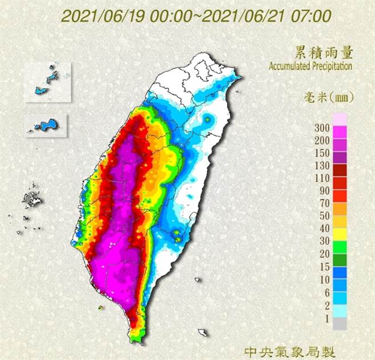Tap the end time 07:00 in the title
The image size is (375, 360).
pos(297,16)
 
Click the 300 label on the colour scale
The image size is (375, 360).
pos(321,128)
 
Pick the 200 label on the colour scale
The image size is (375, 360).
pos(321,140)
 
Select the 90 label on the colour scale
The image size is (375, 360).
pos(323,191)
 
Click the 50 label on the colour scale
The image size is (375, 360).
pos(323,216)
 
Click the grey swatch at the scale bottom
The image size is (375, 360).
pos(340,323)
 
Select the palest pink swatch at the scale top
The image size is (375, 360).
pos(340,118)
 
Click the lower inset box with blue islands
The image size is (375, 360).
pos(46,125)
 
